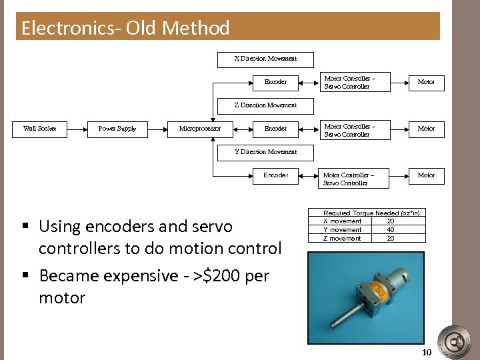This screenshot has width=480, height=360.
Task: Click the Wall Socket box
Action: click(x=39, y=128)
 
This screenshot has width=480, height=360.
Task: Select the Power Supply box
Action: click(x=117, y=128)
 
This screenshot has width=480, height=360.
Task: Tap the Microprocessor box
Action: click(x=200, y=128)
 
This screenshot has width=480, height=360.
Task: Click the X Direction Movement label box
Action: click(x=265, y=59)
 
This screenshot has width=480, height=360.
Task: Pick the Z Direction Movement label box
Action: click(x=265, y=105)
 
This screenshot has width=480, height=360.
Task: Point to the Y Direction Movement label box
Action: click(x=265, y=152)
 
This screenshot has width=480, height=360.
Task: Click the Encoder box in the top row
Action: click(x=275, y=82)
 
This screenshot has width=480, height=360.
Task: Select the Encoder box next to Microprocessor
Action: click(x=275, y=128)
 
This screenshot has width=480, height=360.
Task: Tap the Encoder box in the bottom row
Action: click(x=275, y=175)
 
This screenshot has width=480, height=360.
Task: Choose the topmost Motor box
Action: click(x=426, y=82)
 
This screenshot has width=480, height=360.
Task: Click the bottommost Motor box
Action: click(x=426, y=175)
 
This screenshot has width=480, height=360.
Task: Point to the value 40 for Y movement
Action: click(x=391, y=230)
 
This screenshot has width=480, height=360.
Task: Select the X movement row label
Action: click(x=343, y=221)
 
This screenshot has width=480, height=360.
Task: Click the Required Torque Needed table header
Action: click(x=371, y=213)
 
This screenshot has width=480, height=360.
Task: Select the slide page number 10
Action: click(x=427, y=352)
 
